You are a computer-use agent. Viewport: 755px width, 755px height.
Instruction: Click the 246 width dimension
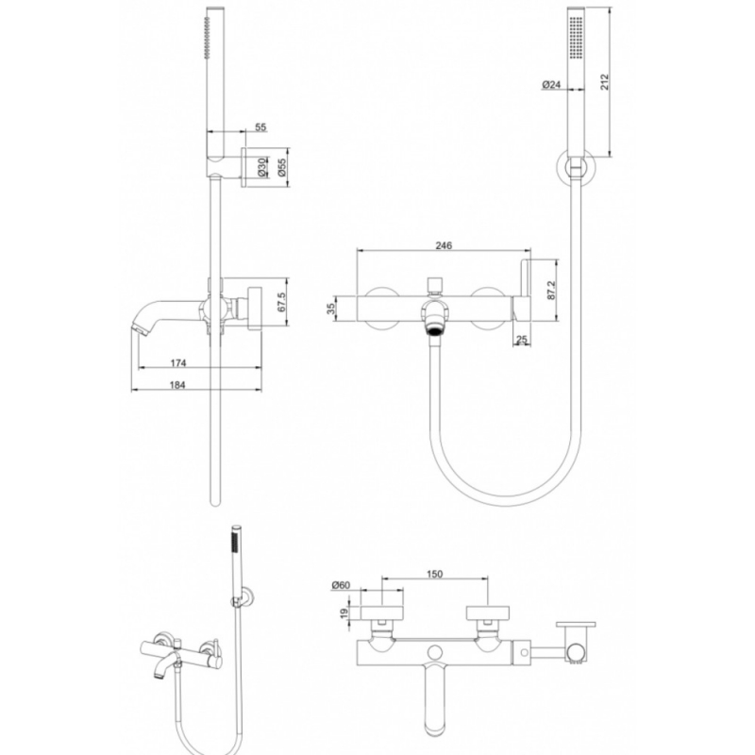[x=445, y=245]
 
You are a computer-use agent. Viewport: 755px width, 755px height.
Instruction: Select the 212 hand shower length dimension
[x=614, y=82]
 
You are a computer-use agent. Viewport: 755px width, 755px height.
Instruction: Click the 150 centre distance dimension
[x=434, y=574]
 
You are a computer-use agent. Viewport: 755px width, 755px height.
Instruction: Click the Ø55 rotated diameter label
[x=281, y=168]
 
